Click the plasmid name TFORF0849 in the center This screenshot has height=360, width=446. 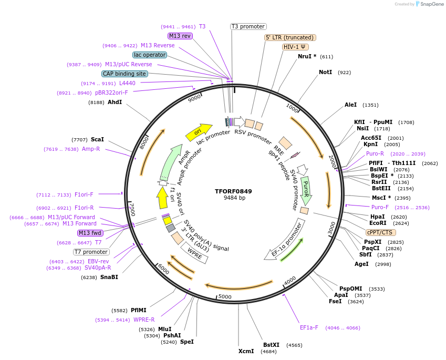point(234,191)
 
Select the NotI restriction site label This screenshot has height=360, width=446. point(325,72)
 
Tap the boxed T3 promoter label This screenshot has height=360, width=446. point(248,26)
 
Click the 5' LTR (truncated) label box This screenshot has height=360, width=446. point(290,37)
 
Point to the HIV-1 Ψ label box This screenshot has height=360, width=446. point(295,47)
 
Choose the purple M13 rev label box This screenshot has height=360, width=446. point(180,36)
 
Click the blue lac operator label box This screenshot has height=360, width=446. point(150,55)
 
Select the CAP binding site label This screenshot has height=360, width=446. point(125,74)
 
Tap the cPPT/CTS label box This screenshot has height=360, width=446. point(381,232)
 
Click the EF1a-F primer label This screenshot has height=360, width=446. point(309,327)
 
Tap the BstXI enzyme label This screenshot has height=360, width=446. point(271,345)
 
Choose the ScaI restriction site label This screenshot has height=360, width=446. point(97,139)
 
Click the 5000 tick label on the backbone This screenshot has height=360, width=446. point(225,297)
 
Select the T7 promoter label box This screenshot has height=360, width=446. point(91,252)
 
